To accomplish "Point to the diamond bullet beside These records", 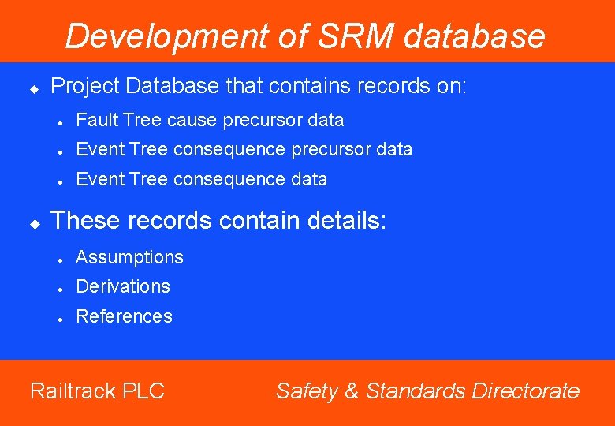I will pos(34,224).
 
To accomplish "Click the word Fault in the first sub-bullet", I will pos(94,120).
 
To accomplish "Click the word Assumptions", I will pos(129,257).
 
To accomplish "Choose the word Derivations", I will pos(123,286).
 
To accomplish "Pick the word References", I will pos(124,316).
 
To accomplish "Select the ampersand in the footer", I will pos(352,391).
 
